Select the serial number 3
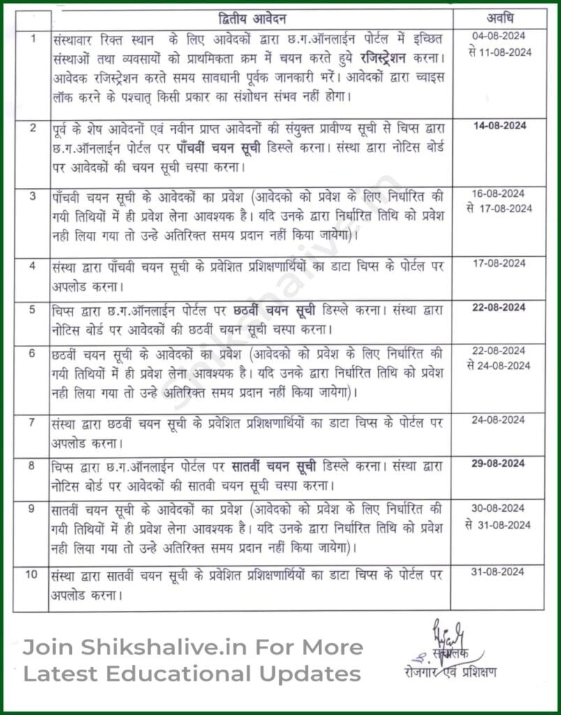pyautogui.click(x=31, y=196)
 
